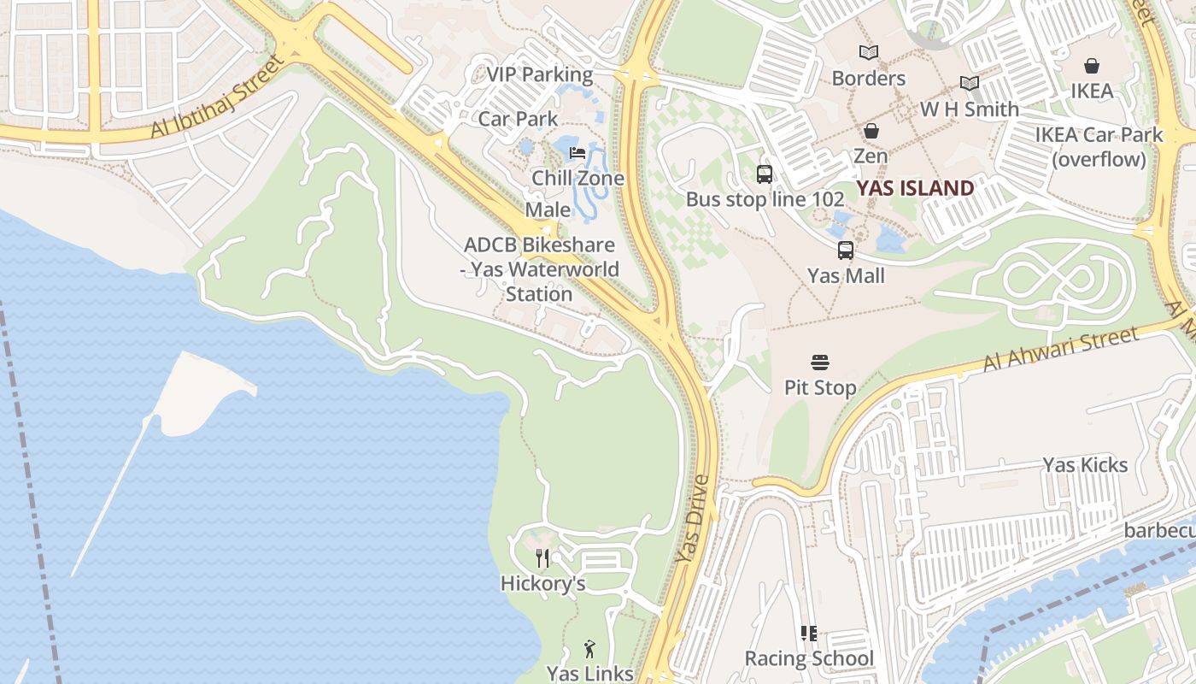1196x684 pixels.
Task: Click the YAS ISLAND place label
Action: coord(915,188)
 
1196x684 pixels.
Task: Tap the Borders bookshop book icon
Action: coord(869,53)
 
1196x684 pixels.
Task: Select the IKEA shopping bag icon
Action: coord(1092,66)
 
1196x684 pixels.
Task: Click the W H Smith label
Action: coord(969,109)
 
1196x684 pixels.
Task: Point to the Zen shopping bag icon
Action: coord(871,131)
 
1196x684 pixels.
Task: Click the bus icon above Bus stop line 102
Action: coord(765,174)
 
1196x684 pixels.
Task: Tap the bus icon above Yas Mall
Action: coord(846,251)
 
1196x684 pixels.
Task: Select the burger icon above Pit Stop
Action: coord(820,363)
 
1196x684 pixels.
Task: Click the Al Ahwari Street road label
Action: coord(1060,349)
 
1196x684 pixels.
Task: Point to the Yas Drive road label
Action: coord(692,519)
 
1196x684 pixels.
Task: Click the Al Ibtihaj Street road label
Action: coord(217,97)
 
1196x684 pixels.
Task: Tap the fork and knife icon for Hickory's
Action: coord(542,558)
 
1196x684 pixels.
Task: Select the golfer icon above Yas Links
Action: coord(589,649)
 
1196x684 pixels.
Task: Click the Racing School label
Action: coord(809,658)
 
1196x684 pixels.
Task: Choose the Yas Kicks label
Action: coord(1085,465)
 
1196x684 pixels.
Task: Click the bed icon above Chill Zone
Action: coord(577,153)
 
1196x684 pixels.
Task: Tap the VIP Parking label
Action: coord(539,74)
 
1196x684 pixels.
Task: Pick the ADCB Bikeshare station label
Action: coord(539,269)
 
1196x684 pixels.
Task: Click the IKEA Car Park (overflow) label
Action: coord(1099,147)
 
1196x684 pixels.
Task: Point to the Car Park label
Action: coord(518,119)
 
